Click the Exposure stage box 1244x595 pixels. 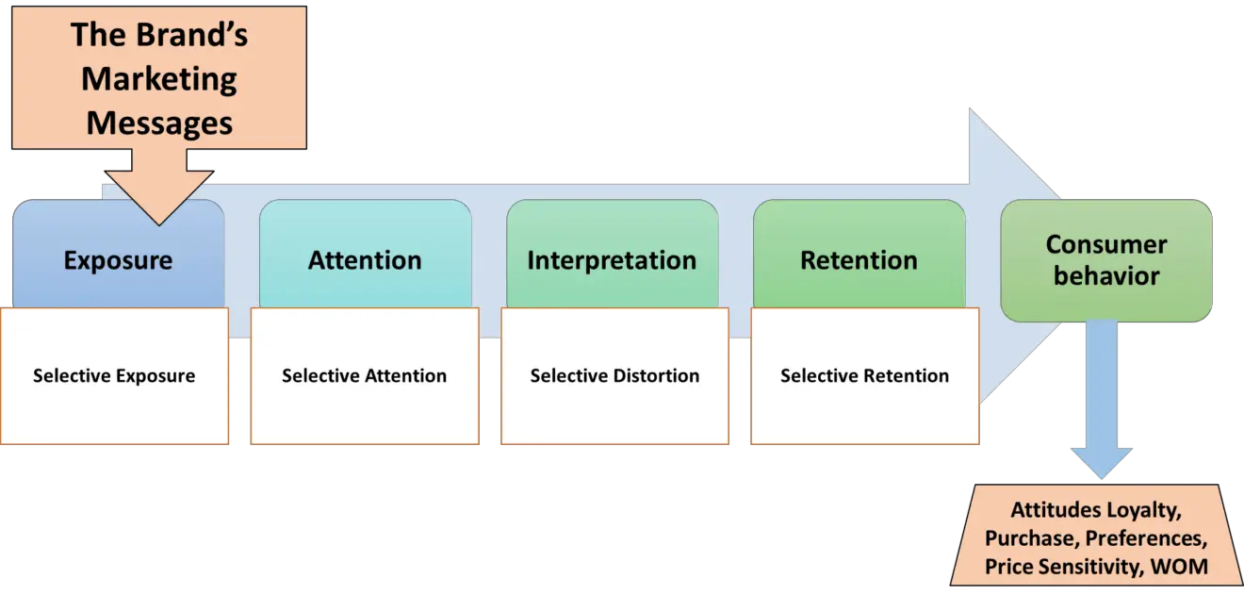pyautogui.click(x=118, y=261)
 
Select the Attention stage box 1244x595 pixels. pyautogui.click(x=365, y=260)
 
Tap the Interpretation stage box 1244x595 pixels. pyautogui.click(x=612, y=260)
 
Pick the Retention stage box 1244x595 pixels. pyautogui.click(x=859, y=260)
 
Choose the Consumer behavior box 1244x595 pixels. pyautogui.click(x=1105, y=260)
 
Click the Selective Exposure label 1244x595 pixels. pyautogui.click(x=114, y=375)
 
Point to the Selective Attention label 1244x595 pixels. pyautogui.click(x=364, y=375)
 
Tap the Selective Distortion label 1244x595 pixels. pyautogui.click(x=614, y=375)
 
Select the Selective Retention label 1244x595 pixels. pyautogui.click(x=864, y=375)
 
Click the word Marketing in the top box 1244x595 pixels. pyautogui.click(x=159, y=79)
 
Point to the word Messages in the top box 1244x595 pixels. pyautogui.click(x=159, y=123)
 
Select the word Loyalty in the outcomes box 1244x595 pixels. pyautogui.click(x=1144, y=510)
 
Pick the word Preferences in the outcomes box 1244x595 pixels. pyautogui.click(x=1147, y=538)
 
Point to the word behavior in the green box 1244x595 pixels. pyautogui.click(x=1105, y=276)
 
